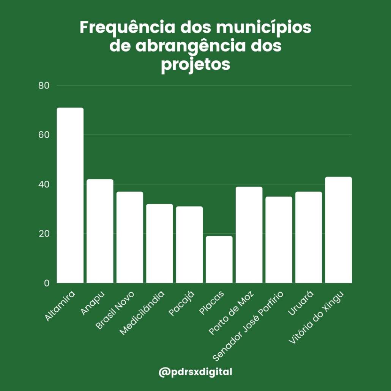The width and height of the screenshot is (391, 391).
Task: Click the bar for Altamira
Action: tap(70, 195)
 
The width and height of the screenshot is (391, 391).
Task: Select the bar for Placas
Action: tap(219, 260)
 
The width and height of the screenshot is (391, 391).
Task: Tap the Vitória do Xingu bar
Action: tap(339, 230)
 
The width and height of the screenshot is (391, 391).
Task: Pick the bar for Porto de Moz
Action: tap(249, 235)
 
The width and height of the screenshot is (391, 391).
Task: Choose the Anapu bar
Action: tap(100, 231)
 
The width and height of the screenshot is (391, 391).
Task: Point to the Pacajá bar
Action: tap(189, 245)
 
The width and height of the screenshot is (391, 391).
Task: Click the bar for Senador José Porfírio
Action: tap(279, 240)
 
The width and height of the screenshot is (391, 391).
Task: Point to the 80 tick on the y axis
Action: tap(44, 86)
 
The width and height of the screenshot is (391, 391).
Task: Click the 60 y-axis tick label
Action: tap(44, 135)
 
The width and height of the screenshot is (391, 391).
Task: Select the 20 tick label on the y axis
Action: tap(44, 234)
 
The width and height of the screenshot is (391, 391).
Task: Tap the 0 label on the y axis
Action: tap(47, 283)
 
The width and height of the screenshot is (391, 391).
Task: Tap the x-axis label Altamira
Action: tap(60, 307)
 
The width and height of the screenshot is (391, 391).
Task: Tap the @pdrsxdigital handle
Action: tap(195, 372)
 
